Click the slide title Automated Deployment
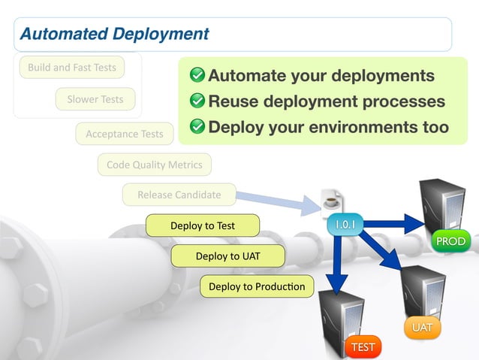pyautogui.click(x=114, y=34)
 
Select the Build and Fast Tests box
pyautogui.click(x=72, y=68)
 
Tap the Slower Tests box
pyautogui.click(x=95, y=99)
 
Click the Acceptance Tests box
pyautogui.click(x=125, y=134)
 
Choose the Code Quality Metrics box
pyautogui.click(x=155, y=165)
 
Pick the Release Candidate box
pyautogui.click(x=179, y=195)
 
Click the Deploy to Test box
pyautogui.click(x=203, y=225)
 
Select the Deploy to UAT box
pyautogui.click(x=228, y=256)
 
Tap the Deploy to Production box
pyautogui.click(x=257, y=286)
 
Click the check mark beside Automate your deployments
pyautogui.click(x=197, y=76)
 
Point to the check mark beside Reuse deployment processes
pyautogui.click(x=197, y=101)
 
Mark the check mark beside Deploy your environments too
pyautogui.click(x=197, y=127)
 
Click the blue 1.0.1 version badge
pyautogui.click(x=345, y=224)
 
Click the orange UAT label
pyautogui.click(x=422, y=328)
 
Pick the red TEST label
pyautogui.click(x=363, y=346)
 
